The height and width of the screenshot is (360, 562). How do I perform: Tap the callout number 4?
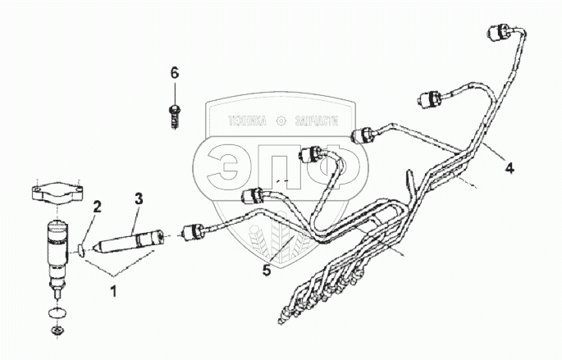pos(509,169)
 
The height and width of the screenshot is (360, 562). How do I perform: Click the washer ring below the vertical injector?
pos(57,312)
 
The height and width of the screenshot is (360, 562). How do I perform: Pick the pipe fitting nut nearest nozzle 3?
pos(196,231)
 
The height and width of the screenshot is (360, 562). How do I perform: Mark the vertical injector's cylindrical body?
pos(57,246)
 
